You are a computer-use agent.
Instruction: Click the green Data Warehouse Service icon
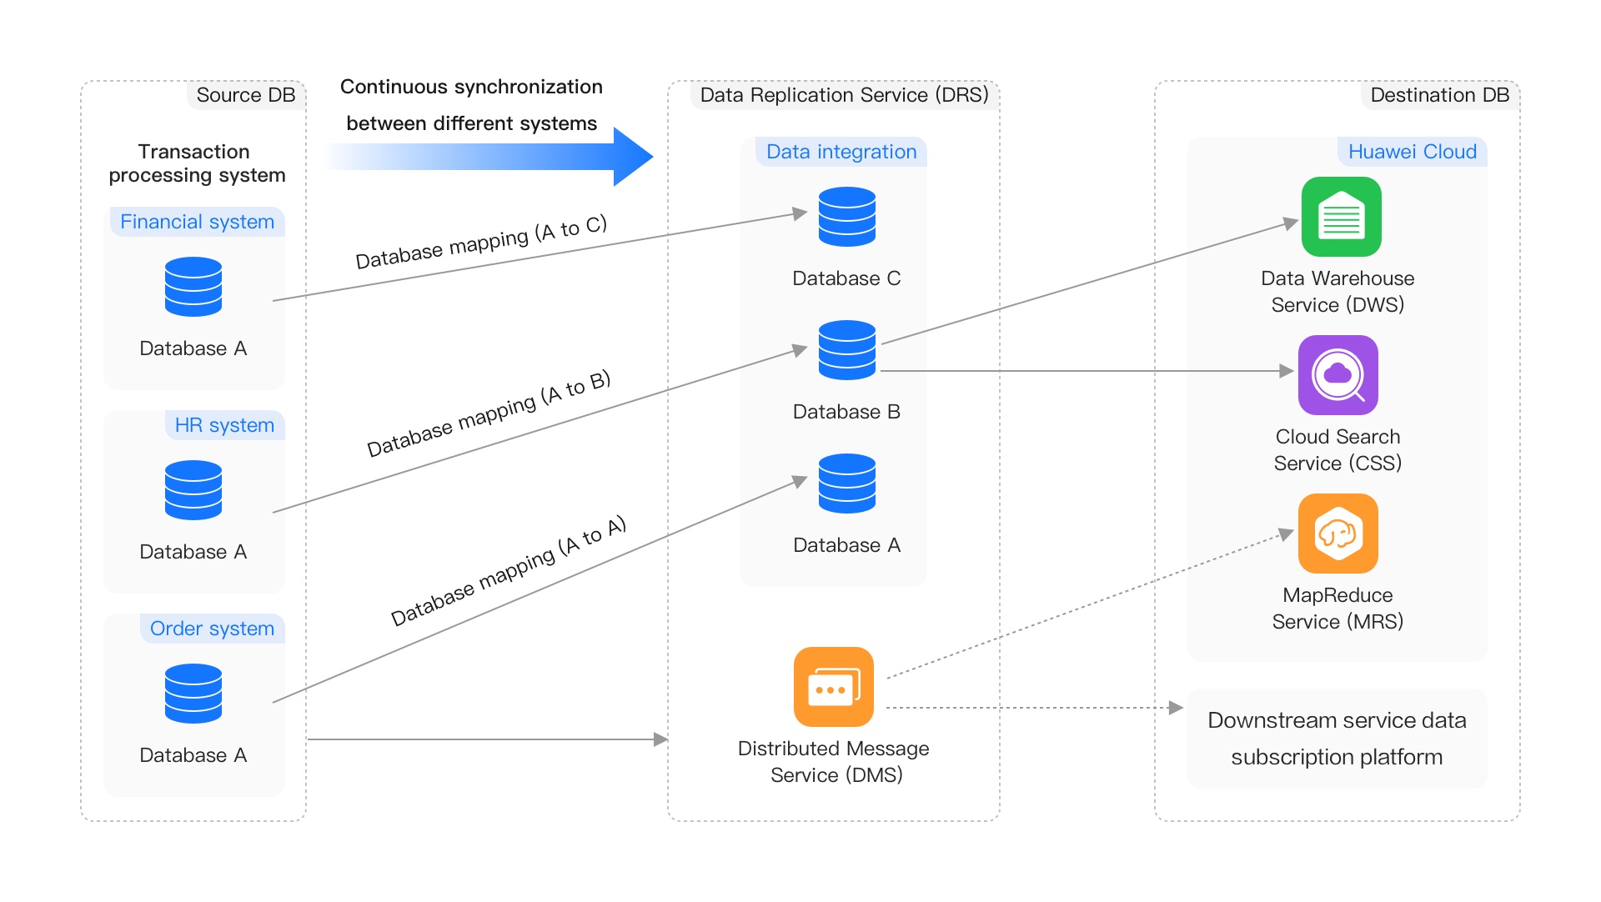(x=1341, y=217)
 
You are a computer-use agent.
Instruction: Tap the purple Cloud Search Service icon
(x=1338, y=375)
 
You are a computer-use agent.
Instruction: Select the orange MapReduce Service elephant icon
(x=1338, y=534)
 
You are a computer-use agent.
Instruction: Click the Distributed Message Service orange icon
(x=833, y=687)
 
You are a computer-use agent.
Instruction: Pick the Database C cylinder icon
(x=846, y=217)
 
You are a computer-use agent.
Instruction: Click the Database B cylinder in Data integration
(x=846, y=350)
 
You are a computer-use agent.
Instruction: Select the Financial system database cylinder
(x=193, y=287)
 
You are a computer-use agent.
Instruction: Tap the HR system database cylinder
(x=193, y=490)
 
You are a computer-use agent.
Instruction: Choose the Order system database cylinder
(x=193, y=694)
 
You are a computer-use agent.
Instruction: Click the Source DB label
(x=245, y=95)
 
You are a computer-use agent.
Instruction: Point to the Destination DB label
(x=1439, y=95)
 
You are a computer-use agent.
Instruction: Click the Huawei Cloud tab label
(x=1412, y=152)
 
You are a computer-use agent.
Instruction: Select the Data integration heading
(x=841, y=152)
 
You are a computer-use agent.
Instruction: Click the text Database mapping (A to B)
(x=489, y=413)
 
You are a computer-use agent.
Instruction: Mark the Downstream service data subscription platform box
(x=1337, y=739)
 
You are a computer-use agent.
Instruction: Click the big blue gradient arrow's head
(x=633, y=156)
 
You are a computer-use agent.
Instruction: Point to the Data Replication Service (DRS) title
(x=844, y=95)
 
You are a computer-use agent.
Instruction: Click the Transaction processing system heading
(x=197, y=163)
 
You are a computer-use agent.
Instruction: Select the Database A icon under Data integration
(x=846, y=484)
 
